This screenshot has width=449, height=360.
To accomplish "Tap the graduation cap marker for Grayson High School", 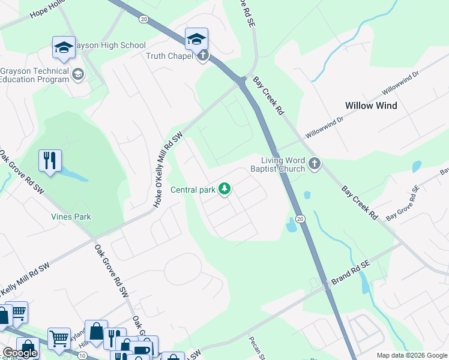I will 64,47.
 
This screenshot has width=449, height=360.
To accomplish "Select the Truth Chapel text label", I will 170,56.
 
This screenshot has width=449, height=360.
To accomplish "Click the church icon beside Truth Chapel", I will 203,56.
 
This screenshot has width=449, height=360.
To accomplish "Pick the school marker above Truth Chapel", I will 196,39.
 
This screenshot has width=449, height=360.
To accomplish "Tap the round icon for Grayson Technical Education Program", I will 77,74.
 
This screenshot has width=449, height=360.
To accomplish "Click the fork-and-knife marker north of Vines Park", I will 50,160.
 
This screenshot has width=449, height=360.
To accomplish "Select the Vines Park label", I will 71,217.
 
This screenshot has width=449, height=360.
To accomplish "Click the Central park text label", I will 193,190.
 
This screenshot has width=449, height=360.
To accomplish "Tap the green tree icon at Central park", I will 224,190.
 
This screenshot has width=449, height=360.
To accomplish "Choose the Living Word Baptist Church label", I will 283,164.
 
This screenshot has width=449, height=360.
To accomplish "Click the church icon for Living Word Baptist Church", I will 314,163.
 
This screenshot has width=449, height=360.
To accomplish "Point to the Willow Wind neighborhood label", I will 371,106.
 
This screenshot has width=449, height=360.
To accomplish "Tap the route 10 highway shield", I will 82,355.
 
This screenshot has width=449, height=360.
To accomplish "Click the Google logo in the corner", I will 19,353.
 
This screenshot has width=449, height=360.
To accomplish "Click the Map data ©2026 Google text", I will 411,355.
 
